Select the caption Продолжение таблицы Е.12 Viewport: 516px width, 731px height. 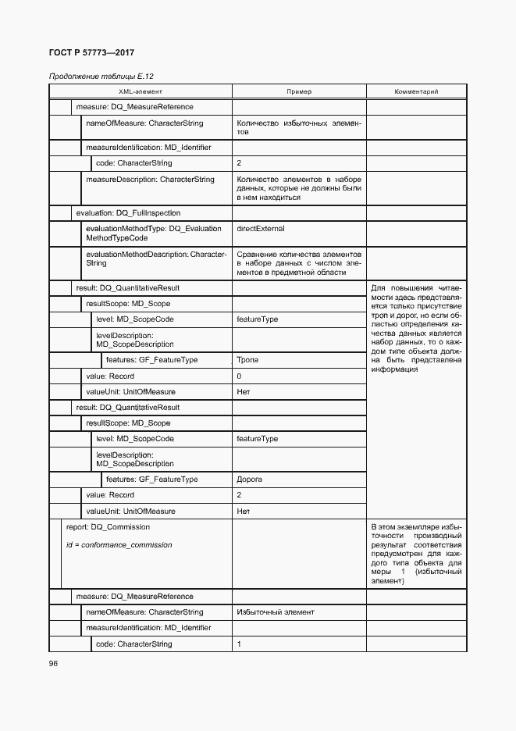pyautogui.click(x=93, y=77)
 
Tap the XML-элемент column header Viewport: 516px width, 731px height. pyautogui.click(x=141, y=91)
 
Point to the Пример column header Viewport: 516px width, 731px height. pyautogui.click(x=299, y=91)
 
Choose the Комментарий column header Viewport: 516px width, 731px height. pyautogui.click(x=416, y=91)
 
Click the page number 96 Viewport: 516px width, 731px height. pyautogui.click(x=54, y=663)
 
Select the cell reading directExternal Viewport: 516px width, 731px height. pyautogui.click(x=261, y=229)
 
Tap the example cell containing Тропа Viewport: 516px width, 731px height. pyautogui.click(x=247, y=360)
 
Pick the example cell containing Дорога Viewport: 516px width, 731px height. pyautogui.click(x=249, y=479)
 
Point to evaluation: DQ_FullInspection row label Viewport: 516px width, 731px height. pyautogui.click(x=128, y=212)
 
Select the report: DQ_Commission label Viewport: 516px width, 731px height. pyautogui.click(x=108, y=526)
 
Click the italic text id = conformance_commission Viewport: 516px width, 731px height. pyautogui.click(x=119, y=544)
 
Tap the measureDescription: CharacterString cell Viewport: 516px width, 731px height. pyautogui.click(x=150, y=180)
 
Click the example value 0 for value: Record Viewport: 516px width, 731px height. pyautogui.click(x=239, y=376)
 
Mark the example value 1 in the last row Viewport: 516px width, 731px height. pyautogui.click(x=239, y=644)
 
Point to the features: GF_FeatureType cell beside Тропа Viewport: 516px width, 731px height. pyautogui.click(x=151, y=360)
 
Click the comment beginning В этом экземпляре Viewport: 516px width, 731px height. pyautogui.click(x=416, y=554)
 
